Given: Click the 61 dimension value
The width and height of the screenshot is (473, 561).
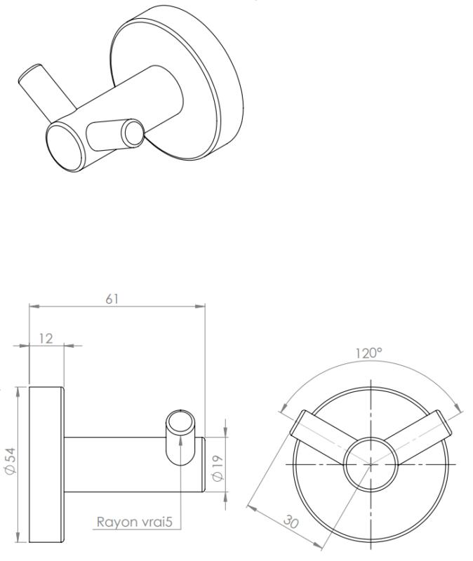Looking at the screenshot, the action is coord(112,299).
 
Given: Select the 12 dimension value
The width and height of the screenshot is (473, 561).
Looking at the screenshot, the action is coord(46,338).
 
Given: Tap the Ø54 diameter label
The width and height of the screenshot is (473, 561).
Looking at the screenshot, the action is coord(11,461).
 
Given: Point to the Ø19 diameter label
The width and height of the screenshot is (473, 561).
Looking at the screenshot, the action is coord(218,468).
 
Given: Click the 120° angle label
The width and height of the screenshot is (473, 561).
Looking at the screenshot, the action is coord(369,353).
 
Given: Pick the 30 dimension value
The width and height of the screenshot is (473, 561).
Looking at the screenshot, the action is coord(291,521).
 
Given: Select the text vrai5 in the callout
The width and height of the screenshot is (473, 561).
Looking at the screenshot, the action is coord(156,522).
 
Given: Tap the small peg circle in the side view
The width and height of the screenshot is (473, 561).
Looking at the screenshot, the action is coord(180,422).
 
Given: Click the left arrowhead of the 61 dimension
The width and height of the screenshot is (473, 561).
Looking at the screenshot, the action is coord(34,306).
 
